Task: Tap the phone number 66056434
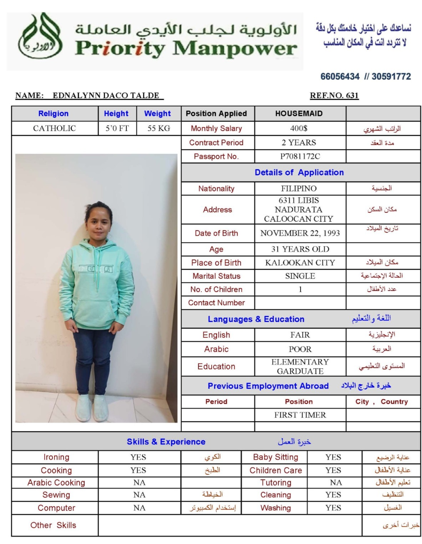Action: [340, 76]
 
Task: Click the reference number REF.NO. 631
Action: [334, 95]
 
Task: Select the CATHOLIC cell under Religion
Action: [55, 128]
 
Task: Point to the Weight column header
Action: [157, 114]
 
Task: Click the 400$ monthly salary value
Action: [299, 128]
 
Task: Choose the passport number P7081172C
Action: [300, 156]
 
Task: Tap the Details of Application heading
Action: [299, 172]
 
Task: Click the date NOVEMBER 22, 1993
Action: [300, 233]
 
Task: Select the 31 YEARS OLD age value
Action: [300, 249]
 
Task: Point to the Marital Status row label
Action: [217, 276]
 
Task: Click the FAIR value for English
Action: [300, 335]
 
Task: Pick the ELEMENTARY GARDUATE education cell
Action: [300, 366]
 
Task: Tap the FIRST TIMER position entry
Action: [300, 415]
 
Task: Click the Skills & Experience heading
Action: [166, 442]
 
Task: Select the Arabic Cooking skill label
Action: [56, 483]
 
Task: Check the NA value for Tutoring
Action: [336, 483]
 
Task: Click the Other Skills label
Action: [54, 525]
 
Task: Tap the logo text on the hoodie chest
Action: [96, 269]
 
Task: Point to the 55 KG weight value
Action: [159, 128]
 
